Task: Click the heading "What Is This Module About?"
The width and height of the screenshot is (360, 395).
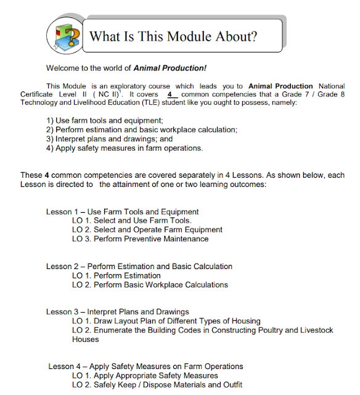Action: coord(173,36)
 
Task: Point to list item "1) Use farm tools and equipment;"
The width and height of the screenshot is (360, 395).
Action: coord(105,120)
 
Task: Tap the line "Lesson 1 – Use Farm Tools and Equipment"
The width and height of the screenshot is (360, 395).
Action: coord(122,212)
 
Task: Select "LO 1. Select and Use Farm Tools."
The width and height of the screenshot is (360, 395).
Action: coord(131,220)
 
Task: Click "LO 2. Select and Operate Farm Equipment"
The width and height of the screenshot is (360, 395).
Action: coord(147,230)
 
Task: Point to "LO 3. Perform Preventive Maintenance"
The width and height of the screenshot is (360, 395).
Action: coord(140,239)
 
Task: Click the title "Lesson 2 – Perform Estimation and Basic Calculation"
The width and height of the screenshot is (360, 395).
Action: coord(139,267)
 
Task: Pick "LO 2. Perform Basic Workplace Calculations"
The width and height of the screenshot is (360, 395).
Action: coord(150,285)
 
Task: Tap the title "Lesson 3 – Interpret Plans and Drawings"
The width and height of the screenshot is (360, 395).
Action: coord(117,312)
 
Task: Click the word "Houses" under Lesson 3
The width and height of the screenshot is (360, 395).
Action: coord(85,339)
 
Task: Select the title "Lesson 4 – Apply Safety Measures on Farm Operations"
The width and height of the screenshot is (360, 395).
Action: coord(145,367)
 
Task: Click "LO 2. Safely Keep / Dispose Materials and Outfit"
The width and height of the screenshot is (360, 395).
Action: coord(157,385)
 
